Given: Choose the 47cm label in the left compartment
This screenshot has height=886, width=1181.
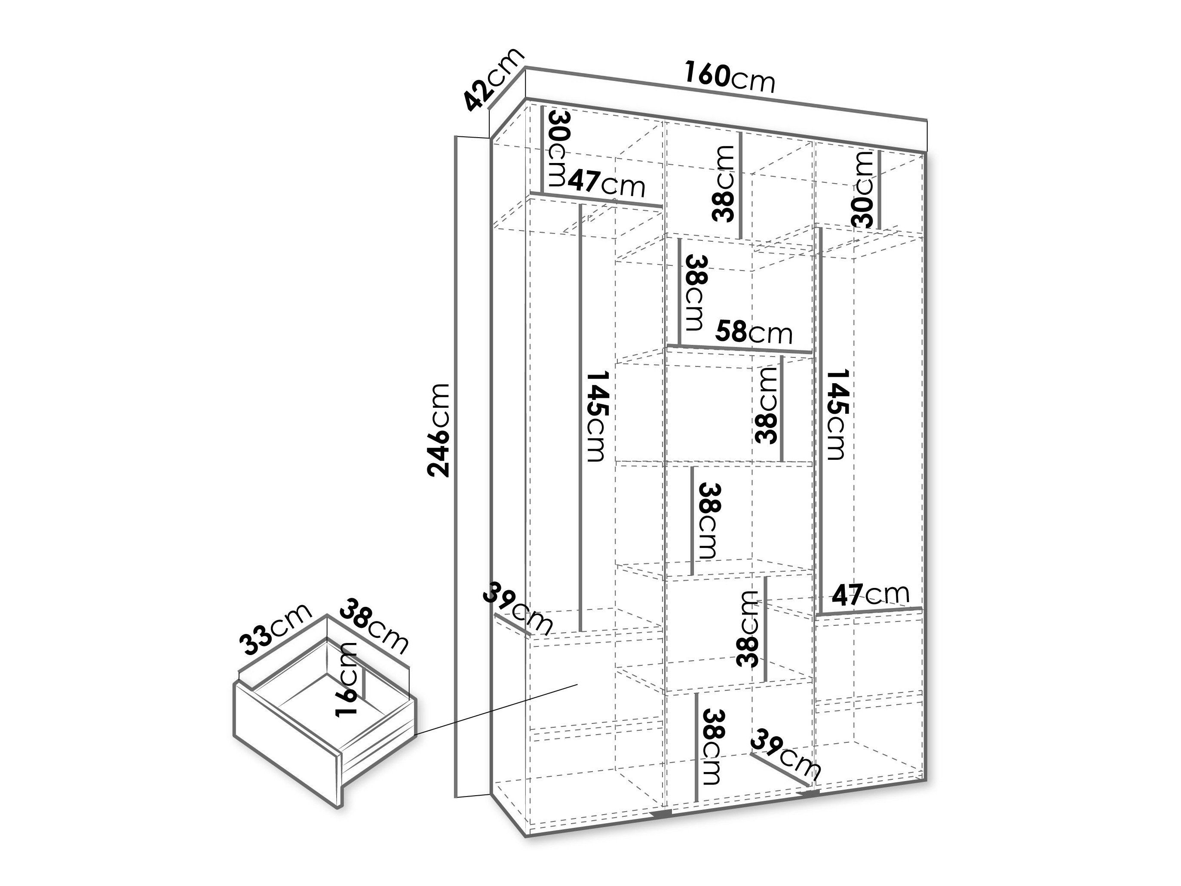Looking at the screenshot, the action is (607, 184).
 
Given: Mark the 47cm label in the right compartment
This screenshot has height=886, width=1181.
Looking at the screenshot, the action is (870, 594).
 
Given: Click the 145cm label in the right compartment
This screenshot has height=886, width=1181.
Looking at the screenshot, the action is (836, 414).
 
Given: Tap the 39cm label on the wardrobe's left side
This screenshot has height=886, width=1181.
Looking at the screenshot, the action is (517, 606).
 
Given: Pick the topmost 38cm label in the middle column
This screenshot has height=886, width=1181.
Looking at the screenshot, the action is (724, 183).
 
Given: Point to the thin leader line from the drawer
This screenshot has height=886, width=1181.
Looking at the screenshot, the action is (496, 709).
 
